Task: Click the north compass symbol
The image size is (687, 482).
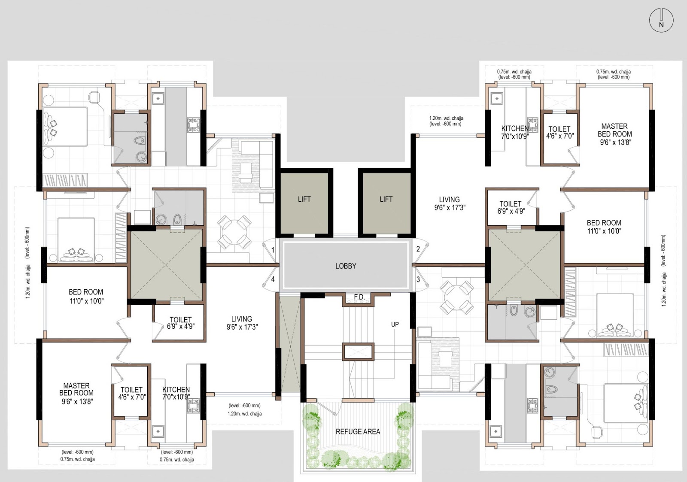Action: (661, 20)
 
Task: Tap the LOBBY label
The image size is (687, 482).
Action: (346, 266)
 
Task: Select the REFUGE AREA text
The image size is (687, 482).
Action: (358, 432)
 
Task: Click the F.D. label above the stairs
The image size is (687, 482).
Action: (359, 297)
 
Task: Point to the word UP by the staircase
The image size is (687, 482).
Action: (395, 324)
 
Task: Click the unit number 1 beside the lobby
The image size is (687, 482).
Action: (273, 250)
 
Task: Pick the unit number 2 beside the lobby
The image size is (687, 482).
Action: (418, 249)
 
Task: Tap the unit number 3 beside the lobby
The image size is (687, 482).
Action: (418, 279)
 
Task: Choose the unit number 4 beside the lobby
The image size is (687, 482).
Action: (273, 279)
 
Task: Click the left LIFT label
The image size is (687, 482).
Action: (304, 199)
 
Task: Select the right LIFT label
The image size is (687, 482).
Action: (386, 199)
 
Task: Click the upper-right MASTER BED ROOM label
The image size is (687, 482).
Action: (614, 134)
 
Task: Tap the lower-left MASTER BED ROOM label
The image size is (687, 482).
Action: (76, 393)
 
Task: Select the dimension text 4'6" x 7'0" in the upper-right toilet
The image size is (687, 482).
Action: (560, 136)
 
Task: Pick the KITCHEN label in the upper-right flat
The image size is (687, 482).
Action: (515, 128)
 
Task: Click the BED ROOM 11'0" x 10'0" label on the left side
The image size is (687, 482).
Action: (86, 296)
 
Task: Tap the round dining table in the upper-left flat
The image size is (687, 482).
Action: (234, 232)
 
